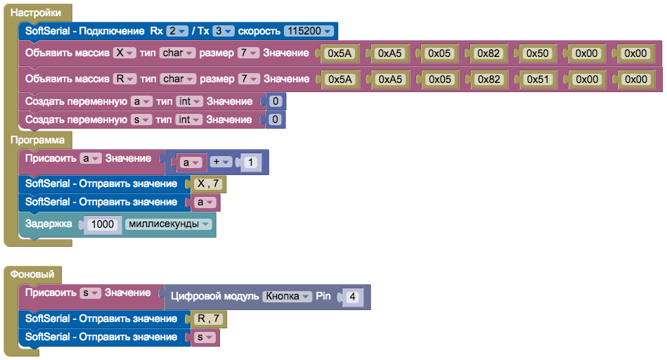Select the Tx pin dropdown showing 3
click(x=224, y=31)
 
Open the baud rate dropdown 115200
click(x=308, y=31)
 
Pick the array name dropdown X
click(x=123, y=53)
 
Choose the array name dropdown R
click(x=123, y=79)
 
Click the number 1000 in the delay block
click(x=103, y=224)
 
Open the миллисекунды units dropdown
click(x=168, y=224)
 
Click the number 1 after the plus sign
click(x=251, y=163)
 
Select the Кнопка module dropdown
click(x=287, y=297)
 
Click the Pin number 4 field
click(x=352, y=297)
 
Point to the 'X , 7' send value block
click(x=208, y=184)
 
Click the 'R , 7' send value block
click(x=208, y=319)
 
